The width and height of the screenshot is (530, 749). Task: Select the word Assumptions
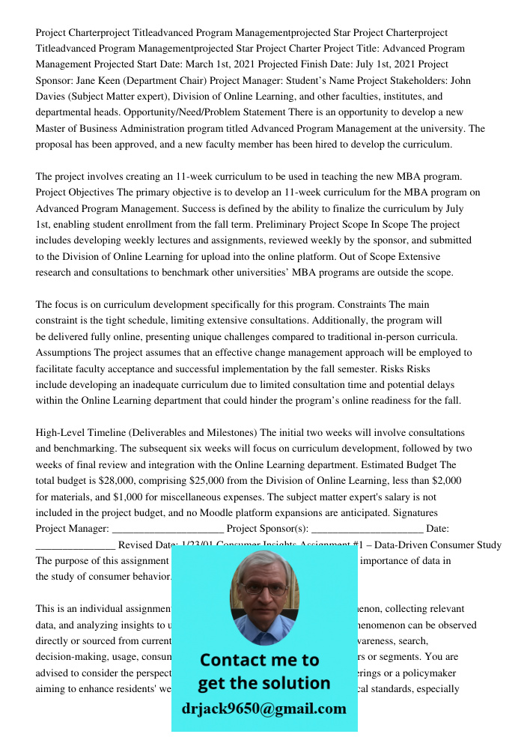[x=64, y=353]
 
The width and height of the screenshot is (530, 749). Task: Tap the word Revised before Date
[x=137, y=545]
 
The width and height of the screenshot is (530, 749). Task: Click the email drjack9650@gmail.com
[x=264, y=709]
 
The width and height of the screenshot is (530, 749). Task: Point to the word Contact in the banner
[x=237, y=661]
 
